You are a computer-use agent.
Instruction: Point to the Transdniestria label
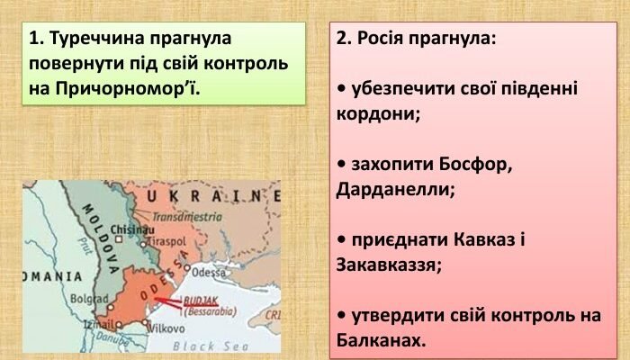pos(187,217)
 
